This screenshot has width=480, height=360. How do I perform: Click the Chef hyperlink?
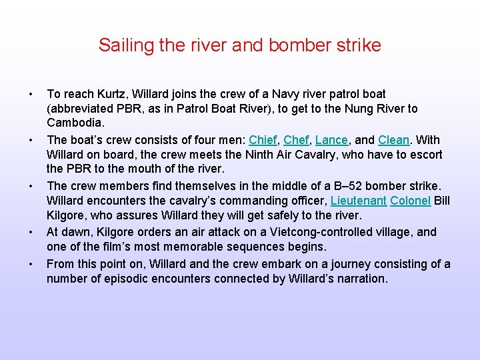coord(296,140)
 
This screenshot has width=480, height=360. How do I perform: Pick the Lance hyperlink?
coord(331,140)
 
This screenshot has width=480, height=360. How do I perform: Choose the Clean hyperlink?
coord(393,140)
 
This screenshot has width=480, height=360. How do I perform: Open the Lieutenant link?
coord(359,201)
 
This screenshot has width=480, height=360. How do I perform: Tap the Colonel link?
coord(411,201)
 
